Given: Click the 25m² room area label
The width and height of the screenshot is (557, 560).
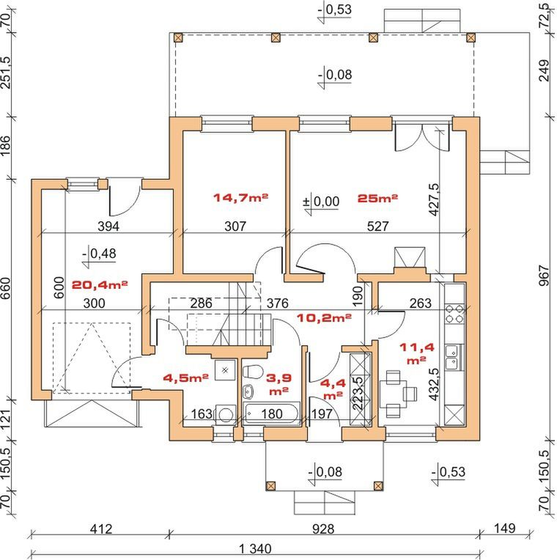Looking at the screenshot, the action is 377,198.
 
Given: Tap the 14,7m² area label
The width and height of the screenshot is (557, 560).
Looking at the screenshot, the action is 240,197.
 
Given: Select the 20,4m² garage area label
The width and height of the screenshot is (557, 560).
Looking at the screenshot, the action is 100,285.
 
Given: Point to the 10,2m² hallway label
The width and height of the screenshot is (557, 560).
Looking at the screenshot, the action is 324,317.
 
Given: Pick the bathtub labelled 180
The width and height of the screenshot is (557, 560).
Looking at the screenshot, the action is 271,413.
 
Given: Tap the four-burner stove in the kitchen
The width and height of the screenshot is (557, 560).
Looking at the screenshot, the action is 454,314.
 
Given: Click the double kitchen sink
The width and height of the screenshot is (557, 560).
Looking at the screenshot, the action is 452,357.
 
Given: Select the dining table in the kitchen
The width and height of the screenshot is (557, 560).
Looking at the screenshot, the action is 393,394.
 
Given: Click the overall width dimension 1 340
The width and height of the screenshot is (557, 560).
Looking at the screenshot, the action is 255,548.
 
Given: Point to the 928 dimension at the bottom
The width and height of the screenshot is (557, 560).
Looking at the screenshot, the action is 323,529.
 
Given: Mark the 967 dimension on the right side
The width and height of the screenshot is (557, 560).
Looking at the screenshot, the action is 544,276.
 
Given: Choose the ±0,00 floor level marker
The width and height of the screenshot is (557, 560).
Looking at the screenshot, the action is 321,202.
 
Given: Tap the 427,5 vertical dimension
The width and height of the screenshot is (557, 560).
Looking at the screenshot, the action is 433,199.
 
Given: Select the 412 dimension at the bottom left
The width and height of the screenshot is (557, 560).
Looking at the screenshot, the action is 101,529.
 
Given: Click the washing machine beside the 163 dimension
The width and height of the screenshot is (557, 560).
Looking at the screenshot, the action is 225,415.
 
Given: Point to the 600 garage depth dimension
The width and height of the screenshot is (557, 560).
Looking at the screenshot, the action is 59,287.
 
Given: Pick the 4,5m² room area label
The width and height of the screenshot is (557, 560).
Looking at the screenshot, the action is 185,378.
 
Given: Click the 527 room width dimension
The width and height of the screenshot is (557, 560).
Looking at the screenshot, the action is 377,226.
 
